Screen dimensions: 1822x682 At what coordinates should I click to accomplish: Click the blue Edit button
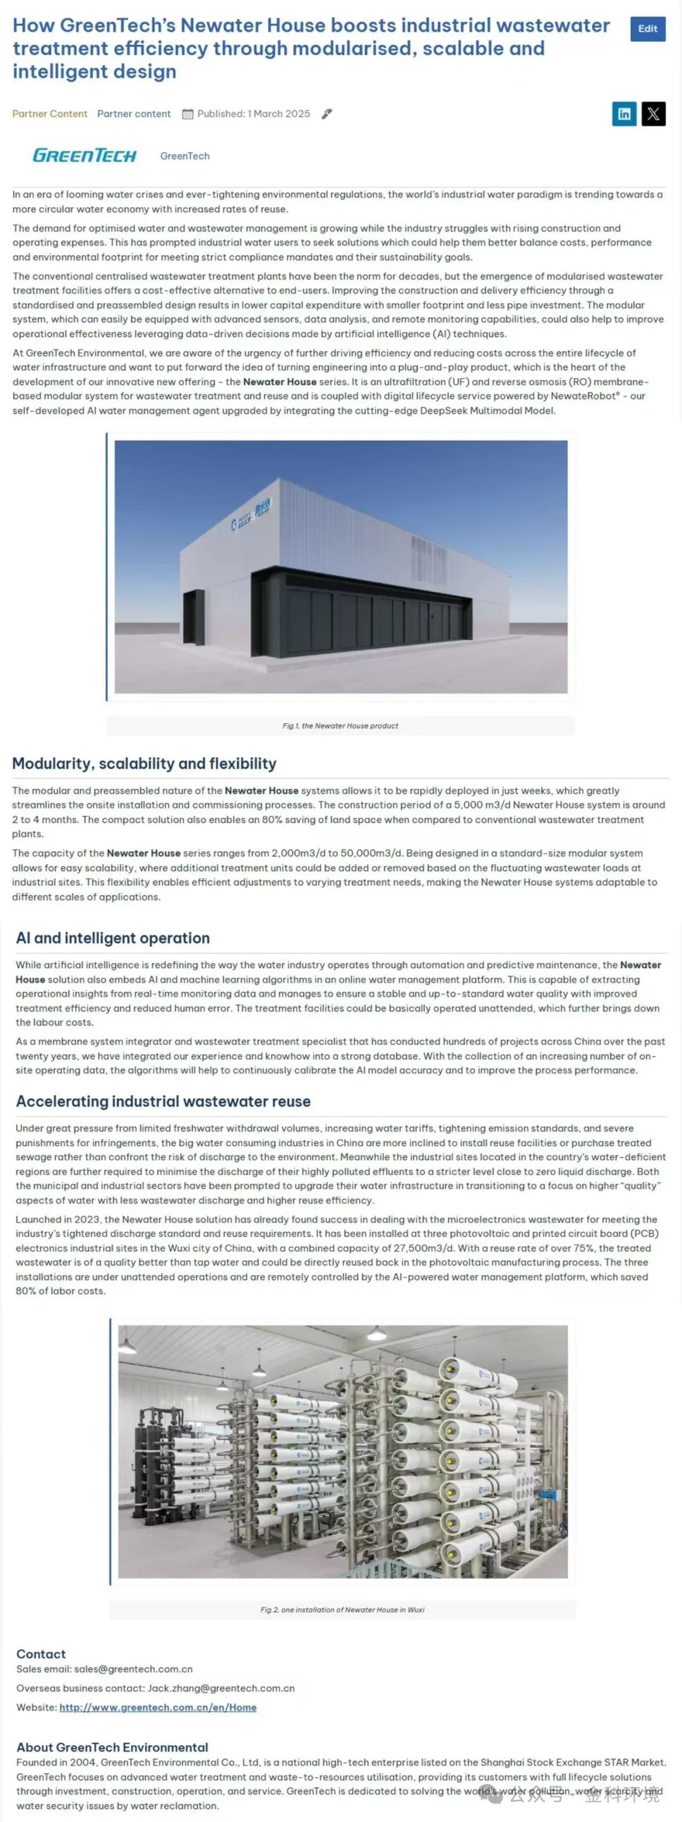(647, 29)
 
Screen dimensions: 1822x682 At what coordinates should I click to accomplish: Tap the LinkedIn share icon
(624, 114)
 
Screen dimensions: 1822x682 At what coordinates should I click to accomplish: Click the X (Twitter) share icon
(653, 114)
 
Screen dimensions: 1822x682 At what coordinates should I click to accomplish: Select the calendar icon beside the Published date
(188, 114)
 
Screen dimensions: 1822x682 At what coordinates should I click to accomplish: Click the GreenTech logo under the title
(84, 156)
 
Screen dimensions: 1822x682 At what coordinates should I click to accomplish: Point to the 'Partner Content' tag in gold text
(49, 114)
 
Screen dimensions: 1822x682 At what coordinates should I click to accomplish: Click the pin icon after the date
(327, 114)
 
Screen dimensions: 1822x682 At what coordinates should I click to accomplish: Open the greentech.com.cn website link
(157, 1707)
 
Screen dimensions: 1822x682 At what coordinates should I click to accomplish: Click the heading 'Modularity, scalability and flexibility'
(145, 763)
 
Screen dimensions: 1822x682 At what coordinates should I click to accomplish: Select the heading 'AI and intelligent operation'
(113, 938)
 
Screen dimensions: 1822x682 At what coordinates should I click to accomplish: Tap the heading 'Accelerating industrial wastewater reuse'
(164, 1101)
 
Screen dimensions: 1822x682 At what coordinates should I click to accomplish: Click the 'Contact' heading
(41, 1653)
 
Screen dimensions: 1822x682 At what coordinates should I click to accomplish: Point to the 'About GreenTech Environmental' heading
(112, 1746)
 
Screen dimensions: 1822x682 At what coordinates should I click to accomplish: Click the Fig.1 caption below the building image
(340, 726)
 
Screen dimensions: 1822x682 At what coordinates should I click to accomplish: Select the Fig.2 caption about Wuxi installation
(342, 1609)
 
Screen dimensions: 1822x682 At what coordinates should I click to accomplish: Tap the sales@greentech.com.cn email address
(133, 1669)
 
